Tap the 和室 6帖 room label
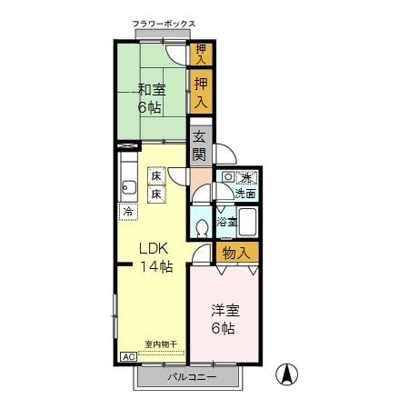(x=151, y=98)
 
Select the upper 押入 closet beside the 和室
(x=201, y=53)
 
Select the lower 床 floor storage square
(x=156, y=194)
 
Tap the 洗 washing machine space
(x=245, y=177)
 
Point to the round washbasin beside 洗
(x=228, y=177)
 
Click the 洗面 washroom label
(x=245, y=194)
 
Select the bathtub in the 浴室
(x=249, y=221)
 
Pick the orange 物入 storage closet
(x=235, y=252)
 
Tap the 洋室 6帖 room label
(x=221, y=319)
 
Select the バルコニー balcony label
(x=191, y=377)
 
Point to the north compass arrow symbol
(x=286, y=374)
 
